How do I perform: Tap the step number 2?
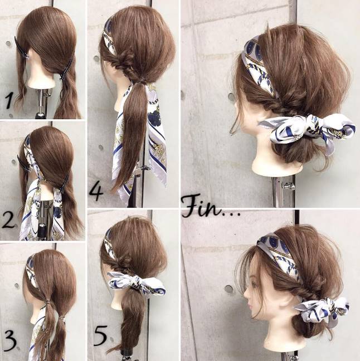pos(8,220)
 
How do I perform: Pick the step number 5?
pos(100,334)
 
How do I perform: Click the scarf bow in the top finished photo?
pos(307,128)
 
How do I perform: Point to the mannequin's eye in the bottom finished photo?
pos(254,285)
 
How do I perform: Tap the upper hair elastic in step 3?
pos(47,301)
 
